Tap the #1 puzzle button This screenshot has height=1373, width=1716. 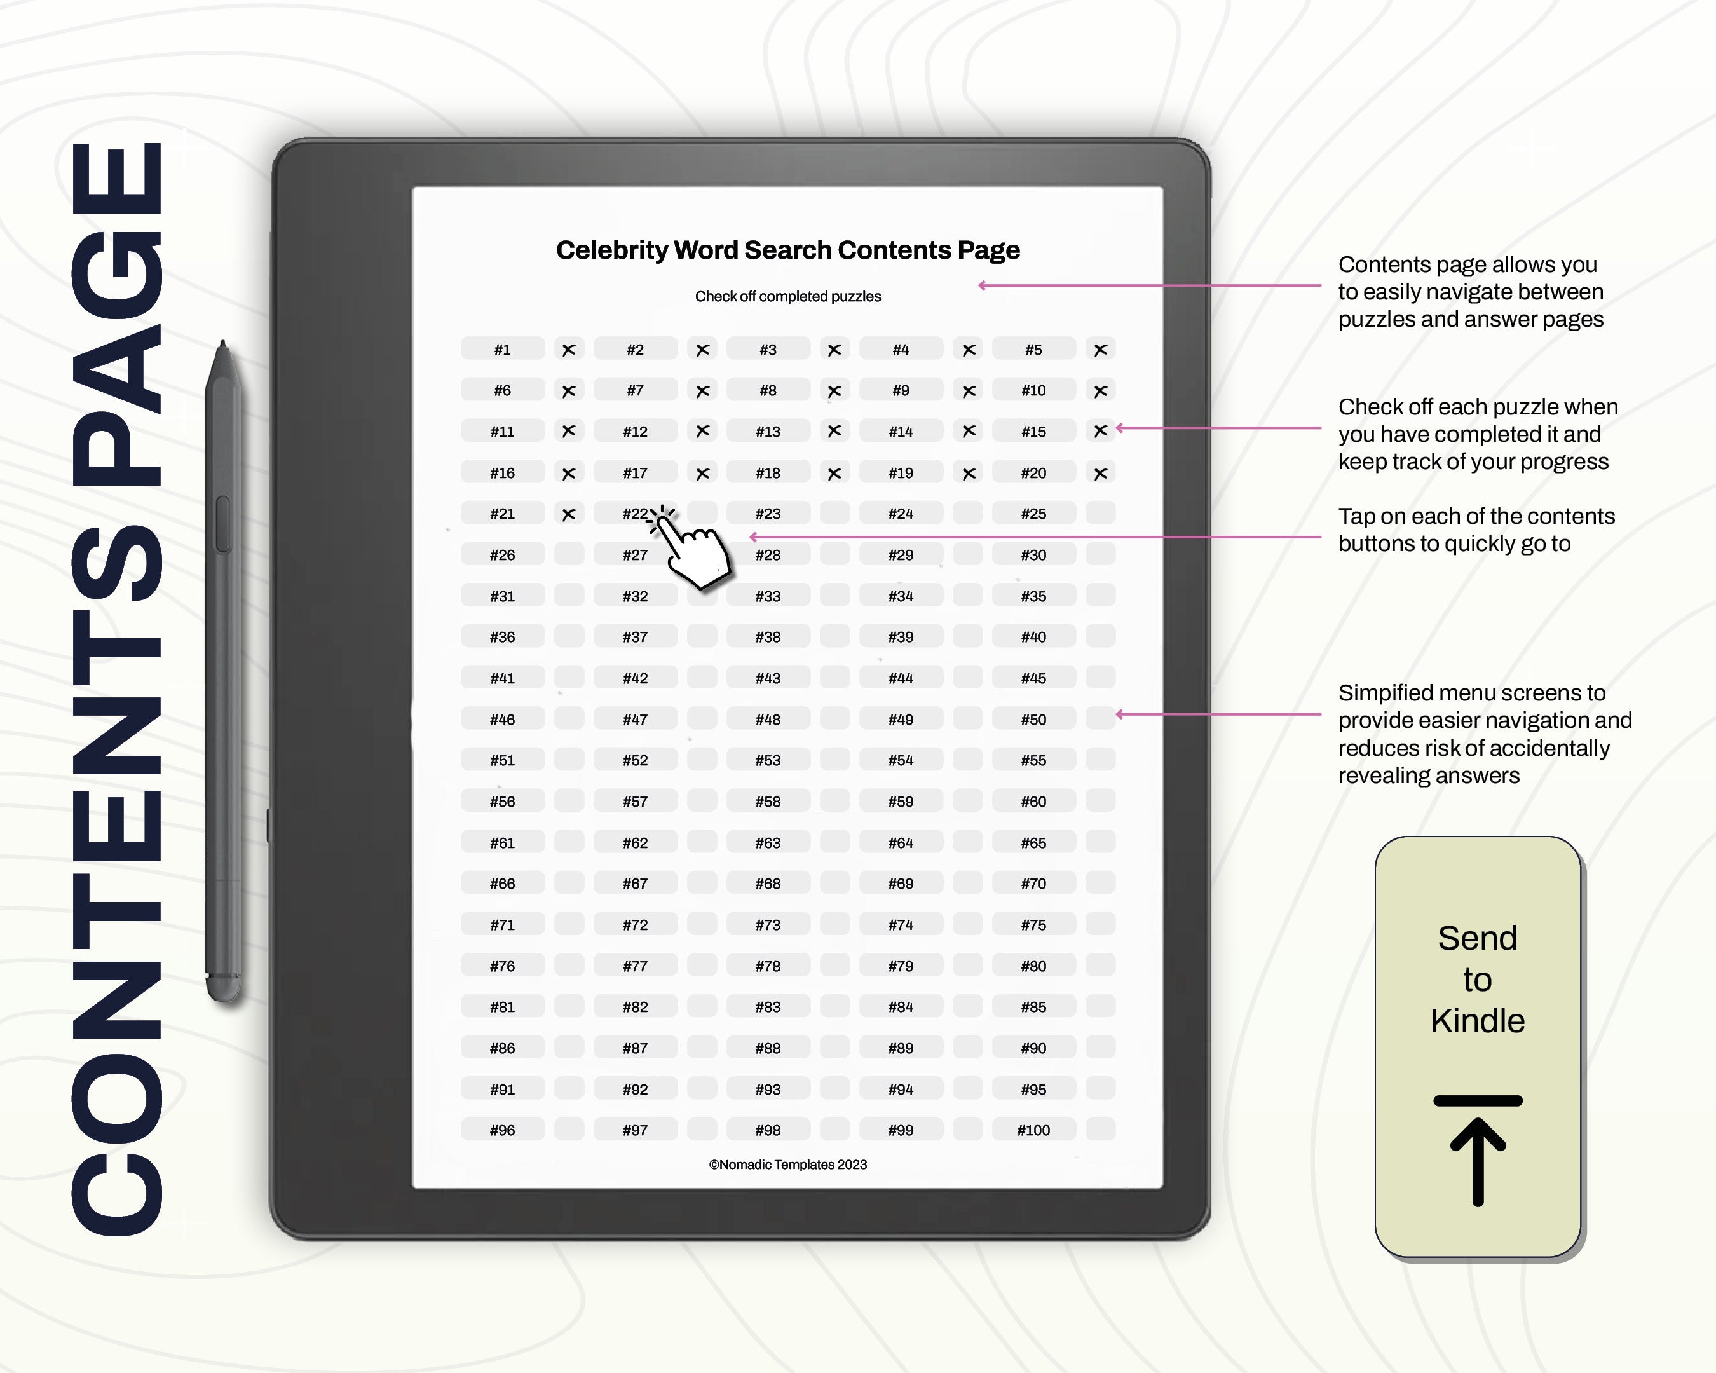tap(502, 350)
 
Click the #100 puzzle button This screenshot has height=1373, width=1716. tap(1033, 1130)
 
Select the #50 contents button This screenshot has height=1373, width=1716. tap(1033, 720)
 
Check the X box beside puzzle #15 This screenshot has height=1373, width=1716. tap(1101, 430)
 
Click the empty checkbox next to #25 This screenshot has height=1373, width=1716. tap(1101, 514)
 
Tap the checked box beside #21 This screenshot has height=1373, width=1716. tap(569, 514)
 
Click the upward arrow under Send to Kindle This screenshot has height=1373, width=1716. tap(1478, 1154)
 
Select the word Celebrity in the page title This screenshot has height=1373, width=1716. tap(612, 250)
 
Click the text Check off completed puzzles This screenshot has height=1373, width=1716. tap(788, 296)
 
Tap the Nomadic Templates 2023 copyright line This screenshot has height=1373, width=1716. tap(788, 1165)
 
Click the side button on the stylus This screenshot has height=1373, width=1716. tap(223, 524)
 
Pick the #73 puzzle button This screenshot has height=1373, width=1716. tap(768, 925)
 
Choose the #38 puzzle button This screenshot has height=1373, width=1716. tap(768, 637)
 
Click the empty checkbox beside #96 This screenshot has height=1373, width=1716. tap(569, 1130)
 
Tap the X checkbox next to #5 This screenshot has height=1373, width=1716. tap(1101, 350)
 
